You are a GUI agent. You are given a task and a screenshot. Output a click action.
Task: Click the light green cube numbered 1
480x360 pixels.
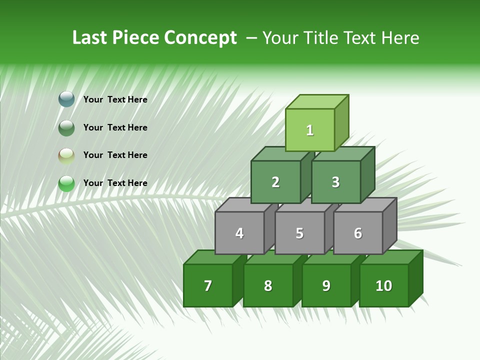click(x=310, y=130)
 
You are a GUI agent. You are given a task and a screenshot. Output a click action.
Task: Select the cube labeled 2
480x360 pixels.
click(x=275, y=182)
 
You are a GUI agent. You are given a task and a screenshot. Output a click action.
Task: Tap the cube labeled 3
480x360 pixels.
click(x=335, y=182)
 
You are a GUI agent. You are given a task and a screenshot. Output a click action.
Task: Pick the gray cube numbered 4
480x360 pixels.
click(x=239, y=233)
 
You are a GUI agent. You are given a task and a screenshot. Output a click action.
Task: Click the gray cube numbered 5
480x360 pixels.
click(x=299, y=233)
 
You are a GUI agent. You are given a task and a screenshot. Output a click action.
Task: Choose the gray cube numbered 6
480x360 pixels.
click(x=358, y=233)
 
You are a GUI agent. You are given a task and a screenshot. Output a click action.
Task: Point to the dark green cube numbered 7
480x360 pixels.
click(x=208, y=285)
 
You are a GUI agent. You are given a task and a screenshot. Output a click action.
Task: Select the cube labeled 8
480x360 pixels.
click(x=268, y=285)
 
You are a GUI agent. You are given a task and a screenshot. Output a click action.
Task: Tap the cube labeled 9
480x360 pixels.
click(x=326, y=285)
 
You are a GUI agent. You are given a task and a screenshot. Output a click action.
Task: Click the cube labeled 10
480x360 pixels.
click(x=384, y=285)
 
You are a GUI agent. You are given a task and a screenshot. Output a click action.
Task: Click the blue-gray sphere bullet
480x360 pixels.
click(x=66, y=99)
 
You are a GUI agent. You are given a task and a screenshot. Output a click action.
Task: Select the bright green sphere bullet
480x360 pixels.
click(x=66, y=183)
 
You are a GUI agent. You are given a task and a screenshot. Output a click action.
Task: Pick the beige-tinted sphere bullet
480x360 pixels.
click(x=66, y=156)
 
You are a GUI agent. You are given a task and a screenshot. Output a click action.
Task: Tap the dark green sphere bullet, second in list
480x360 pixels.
click(x=66, y=128)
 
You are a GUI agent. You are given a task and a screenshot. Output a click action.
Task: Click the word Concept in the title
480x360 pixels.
click(x=200, y=38)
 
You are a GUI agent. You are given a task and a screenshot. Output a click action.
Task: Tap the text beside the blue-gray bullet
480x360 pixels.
click(x=115, y=99)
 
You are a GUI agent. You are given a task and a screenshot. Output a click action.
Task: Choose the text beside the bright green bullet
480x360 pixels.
click(x=115, y=183)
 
